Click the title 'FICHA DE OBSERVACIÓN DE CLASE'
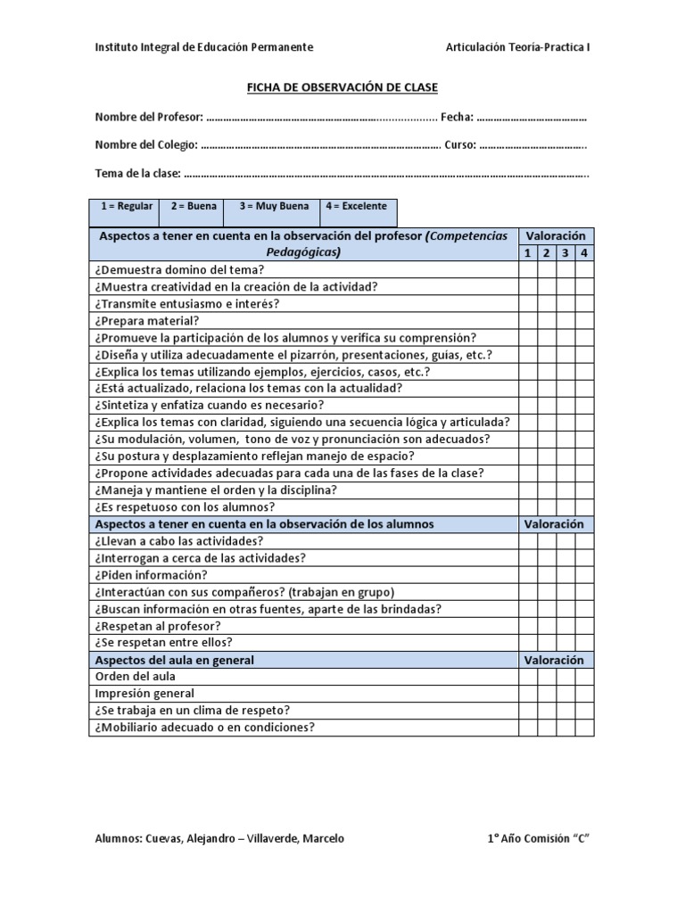point(342,86)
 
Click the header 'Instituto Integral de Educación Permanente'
point(203,47)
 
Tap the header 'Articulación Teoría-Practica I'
point(517,47)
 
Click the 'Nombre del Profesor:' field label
point(149,118)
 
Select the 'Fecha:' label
point(457,118)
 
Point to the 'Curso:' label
point(459,145)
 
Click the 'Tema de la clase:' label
point(138,173)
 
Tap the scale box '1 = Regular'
point(126,207)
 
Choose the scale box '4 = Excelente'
point(356,207)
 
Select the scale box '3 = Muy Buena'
point(274,207)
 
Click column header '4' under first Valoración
point(584,253)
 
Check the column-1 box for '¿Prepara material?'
point(527,321)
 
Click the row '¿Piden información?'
point(149,575)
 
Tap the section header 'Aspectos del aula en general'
point(174,660)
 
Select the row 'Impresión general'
point(144,694)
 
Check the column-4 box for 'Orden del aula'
point(584,677)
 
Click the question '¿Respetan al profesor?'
point(156,626)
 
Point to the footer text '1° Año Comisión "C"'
point(539,839)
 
